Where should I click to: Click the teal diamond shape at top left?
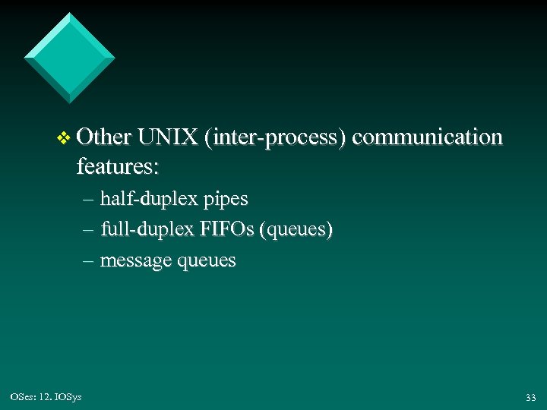click(69, 57)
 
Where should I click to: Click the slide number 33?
click(530, 397)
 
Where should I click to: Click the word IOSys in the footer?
click(68, 396)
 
